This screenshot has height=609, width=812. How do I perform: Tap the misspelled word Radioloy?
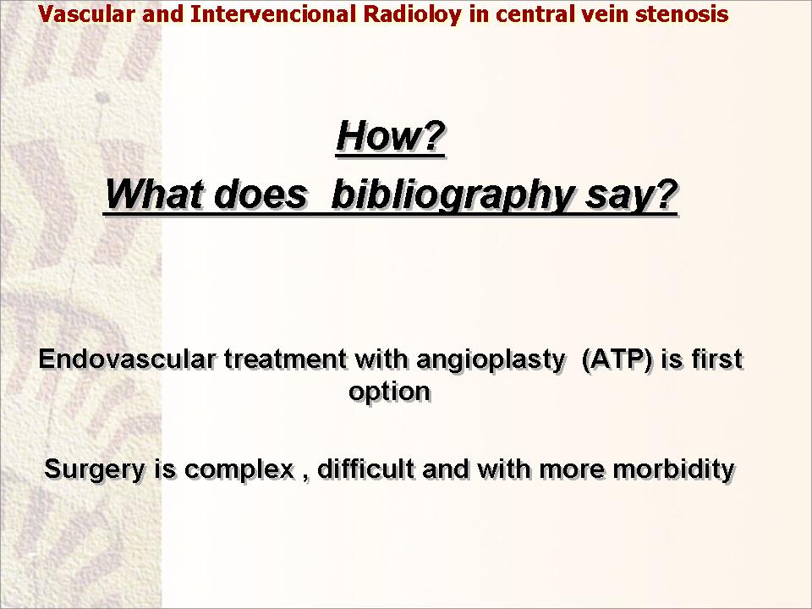pyautogui.click(x=411, y=14)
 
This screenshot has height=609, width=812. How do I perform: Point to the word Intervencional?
pyautogui.click(x=273, y=14)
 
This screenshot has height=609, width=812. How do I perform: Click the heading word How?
pyautogui.click(x=391, y=136)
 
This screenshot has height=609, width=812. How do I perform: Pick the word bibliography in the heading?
pyautogui.click(x=452, y=195)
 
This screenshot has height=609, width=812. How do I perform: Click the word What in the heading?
pyautogui.click(x=154, y=195)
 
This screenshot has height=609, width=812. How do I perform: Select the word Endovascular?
pyautogui.click(x=127, y=359)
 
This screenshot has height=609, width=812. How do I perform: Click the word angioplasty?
pyautogui.click(x=490, y=360)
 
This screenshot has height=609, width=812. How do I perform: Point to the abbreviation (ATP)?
pyautogui.click(x=617, y=360)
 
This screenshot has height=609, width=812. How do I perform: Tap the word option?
pyautogui.click(x=389, y=392)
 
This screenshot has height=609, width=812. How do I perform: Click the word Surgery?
pyautogui.click(x=95, y=469)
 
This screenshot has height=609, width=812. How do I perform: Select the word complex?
pyautogui.click(x=239, y=470)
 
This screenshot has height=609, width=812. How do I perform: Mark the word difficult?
pyautogui.click(x=365, y=469)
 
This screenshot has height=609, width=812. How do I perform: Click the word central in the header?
pyautogui.click(x=535, y=14)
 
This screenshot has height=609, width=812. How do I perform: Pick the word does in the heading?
pyautogui.click(x=260, y=195)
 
